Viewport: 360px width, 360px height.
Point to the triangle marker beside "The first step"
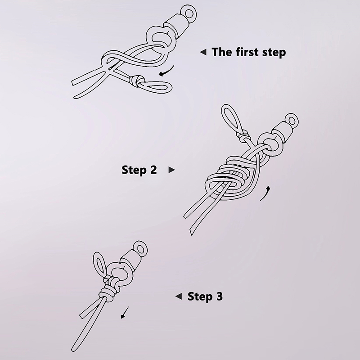tap(203, 52)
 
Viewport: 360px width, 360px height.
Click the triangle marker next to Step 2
tap(172, 170)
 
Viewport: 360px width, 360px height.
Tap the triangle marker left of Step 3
tap(179, 297)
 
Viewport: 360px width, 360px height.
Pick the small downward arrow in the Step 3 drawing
tap(125, 312)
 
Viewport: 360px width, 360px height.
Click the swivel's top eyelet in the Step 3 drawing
tap(140, 249)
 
